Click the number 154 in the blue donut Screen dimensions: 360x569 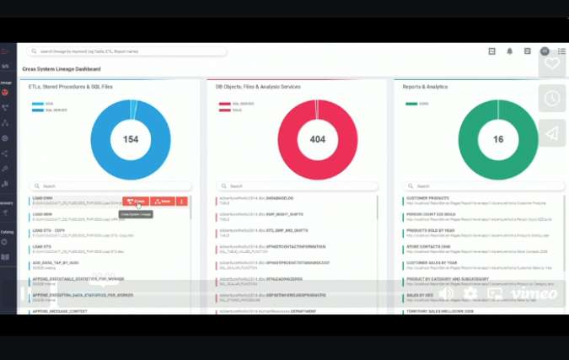coord(131,139)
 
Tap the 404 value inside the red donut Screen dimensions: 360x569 coord(317,139)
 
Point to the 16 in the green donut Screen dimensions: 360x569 coord(498,139)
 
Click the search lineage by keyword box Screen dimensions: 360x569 coord(126,51)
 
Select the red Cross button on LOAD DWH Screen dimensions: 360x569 coord(137,201)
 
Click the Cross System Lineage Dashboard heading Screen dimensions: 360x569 coord(62,69)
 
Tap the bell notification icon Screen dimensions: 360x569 coord(509,51)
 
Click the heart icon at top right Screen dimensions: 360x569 coord(551,63)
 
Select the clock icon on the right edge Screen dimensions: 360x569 coord(551,99)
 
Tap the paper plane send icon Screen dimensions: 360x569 coord(551,133)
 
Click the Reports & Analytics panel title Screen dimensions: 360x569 coord(426,87)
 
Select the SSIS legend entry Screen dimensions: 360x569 coord(50,104)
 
